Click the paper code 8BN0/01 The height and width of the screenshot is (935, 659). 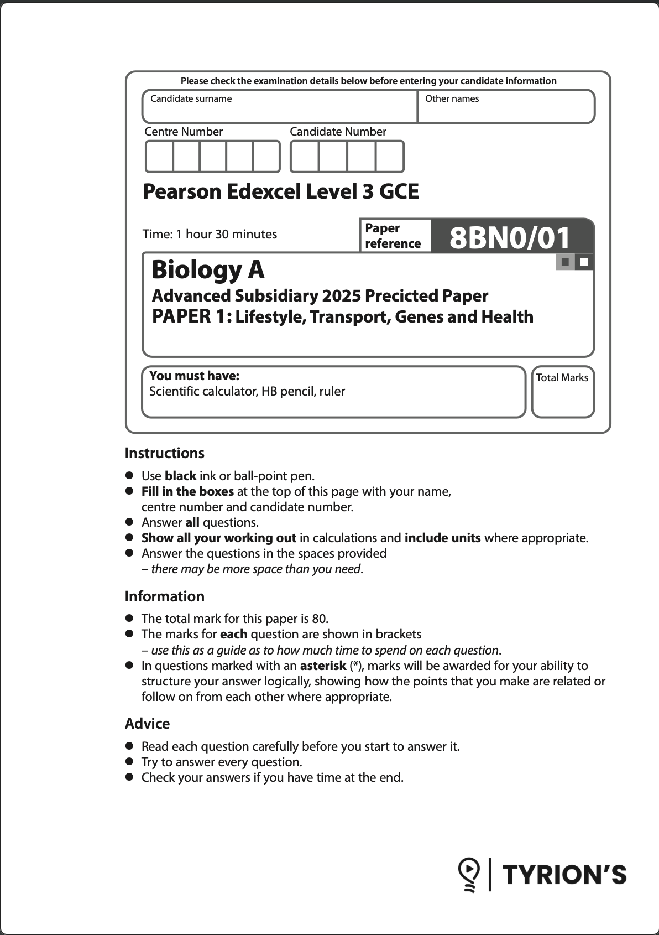[x=510, y=238]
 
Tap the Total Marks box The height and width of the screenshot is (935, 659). [x=562, y=392]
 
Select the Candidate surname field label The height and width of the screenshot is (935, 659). [x=191, y=99]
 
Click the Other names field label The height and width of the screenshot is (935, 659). [x=452, y=99]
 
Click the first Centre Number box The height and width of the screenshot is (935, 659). [x=159, y=157]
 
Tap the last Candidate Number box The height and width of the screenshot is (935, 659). [x=390, y=157]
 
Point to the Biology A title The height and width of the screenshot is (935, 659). [x=208, y=270]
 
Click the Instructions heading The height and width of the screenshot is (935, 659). [x=164, y=453]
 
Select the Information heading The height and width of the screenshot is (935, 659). [x=164, y=596]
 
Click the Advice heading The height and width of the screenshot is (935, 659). [x=147, y=724]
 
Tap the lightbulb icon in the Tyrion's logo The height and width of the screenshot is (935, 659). [x=469, y=874]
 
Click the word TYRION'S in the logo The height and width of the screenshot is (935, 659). [x=564, y=875]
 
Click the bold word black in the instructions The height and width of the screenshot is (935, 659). [x=180, y=476]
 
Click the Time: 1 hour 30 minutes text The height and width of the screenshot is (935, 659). [x=210, y=234]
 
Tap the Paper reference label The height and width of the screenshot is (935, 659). [x=392, y=236]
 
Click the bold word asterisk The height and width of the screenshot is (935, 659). [x=323, y=666]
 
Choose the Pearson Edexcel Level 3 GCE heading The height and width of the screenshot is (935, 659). [x=280, y=192]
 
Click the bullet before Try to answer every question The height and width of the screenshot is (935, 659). [x=130, y=761]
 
